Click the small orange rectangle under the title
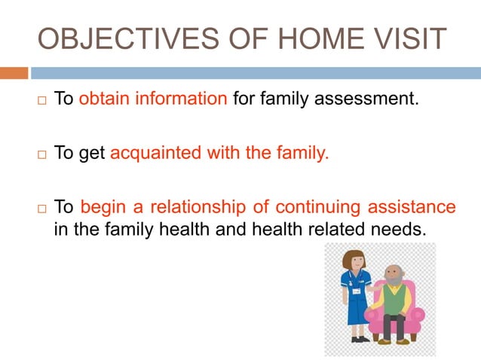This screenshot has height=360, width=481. coord(14,73)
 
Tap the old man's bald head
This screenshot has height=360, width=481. coord(393,270)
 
